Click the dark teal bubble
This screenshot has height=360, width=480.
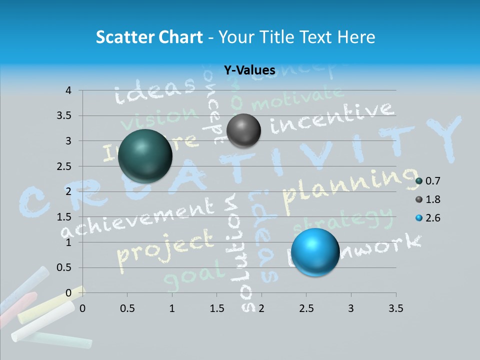[145, 155]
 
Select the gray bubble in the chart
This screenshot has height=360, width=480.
[243, 130]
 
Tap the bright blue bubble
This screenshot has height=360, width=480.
[315, 252]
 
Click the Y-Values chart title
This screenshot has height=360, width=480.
[249, 70]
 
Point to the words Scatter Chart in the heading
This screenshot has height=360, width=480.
[149, 37]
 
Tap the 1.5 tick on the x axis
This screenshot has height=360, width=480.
[216, 308]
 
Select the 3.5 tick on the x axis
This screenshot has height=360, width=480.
[395, 308]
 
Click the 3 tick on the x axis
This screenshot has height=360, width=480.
[351, 308]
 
